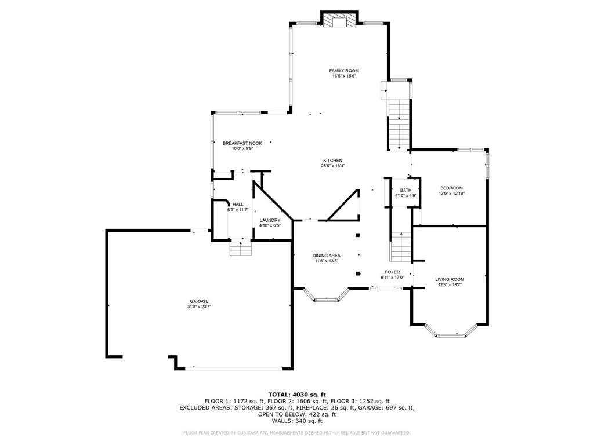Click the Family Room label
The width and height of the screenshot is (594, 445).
343,71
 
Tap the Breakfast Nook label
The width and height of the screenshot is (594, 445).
242,144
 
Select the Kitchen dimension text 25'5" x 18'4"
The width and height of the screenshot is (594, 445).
332,166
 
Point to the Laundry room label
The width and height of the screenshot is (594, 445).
270,220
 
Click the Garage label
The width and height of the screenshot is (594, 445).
199,301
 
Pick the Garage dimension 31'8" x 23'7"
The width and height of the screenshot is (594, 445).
199,307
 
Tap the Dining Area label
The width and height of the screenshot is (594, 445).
326,256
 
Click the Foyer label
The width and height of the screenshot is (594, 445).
392,272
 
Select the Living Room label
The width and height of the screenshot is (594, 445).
450,280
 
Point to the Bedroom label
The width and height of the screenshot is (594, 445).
451,188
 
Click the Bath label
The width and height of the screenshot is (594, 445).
405,190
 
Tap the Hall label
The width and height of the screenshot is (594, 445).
238,205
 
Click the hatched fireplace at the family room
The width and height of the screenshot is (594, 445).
339,21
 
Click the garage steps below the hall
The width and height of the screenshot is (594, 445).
241,248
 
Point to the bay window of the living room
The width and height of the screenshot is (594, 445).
450,330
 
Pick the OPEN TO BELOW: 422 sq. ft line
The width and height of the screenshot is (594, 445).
297,414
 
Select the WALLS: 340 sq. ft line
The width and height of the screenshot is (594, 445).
297,421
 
